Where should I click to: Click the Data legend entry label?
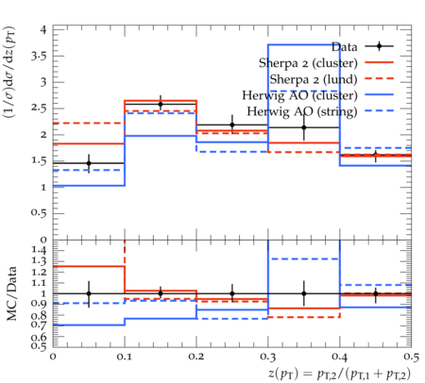344,47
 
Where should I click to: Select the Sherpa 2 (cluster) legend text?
308,63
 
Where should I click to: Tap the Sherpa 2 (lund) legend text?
314,79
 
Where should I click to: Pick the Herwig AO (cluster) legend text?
299,95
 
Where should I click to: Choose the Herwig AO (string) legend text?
302,111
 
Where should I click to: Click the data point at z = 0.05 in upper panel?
89,163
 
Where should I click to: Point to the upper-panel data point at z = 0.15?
161,104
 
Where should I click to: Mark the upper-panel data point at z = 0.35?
304,127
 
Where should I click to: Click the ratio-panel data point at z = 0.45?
376,293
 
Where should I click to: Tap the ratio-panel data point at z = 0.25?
232,293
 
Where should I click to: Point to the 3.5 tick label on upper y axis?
39,57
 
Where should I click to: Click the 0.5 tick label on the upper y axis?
39,213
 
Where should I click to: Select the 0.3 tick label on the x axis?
268,357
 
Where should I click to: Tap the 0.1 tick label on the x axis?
125,357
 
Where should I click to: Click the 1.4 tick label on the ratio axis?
40,251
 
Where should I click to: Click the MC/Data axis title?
12,293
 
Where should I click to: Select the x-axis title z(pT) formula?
339,374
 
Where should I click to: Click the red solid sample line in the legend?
380,62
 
